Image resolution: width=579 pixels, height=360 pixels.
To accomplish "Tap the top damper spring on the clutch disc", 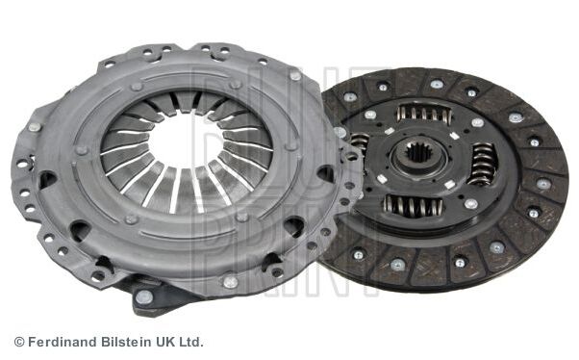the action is pyautogui.click(x=425, y=114).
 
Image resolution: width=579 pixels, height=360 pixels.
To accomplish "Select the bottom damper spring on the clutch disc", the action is pyautogui.click(x=413, y=206).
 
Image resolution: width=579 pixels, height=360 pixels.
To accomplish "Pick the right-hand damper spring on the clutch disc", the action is pyautogui.click(x=484, y=164).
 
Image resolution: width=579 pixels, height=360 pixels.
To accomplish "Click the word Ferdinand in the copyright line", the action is pyautogui.click(x=63, y=342).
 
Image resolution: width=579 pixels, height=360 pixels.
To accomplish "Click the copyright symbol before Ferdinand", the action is pyautogui.click(x=19, y=343).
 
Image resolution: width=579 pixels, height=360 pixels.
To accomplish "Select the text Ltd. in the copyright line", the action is pyautogui.click(x=191, y=342).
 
